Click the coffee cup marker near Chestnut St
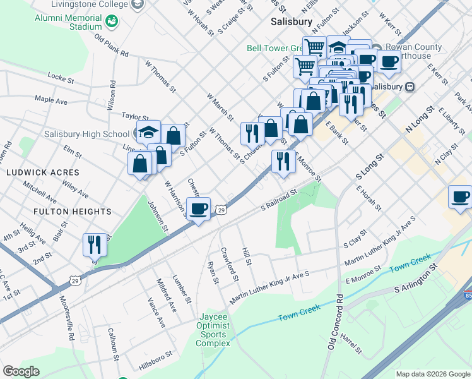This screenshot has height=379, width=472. click(199, 209)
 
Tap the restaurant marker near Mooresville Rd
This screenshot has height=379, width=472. click(95, 244)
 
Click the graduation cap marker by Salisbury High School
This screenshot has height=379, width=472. click(149, 133)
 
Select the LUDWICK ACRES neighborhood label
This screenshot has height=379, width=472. click(43, 172)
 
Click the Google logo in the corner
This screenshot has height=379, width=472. click(21, 371)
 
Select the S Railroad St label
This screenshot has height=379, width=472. click(279, 200)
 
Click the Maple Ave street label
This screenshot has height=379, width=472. click(51, 99)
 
